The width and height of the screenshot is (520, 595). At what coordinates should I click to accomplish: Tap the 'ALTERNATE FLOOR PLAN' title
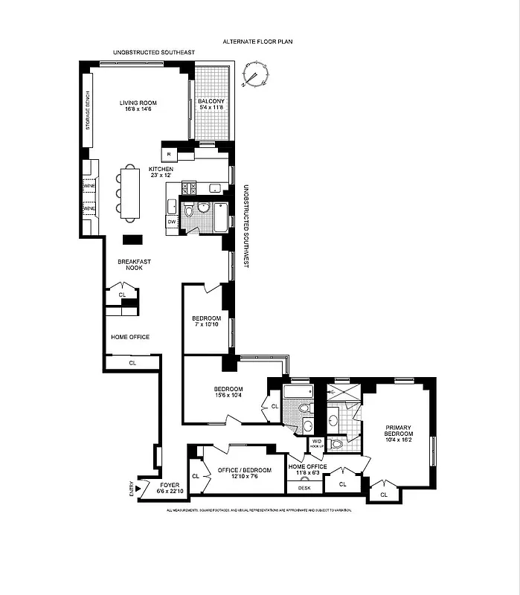click(258, 42)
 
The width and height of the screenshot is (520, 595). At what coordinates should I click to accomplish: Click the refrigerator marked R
click(170, 154)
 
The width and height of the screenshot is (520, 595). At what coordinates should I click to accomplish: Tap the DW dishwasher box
click(171, 222)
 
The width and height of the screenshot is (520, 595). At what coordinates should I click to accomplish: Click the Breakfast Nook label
click(129, 264)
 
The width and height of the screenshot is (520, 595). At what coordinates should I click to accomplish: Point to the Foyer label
click(167, 488)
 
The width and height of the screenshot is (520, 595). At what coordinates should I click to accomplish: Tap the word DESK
click(304, 488)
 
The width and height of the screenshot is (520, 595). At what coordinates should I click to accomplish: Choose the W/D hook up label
click(317, 444)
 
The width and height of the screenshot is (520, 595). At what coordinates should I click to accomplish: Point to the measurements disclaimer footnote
click(258, 510)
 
